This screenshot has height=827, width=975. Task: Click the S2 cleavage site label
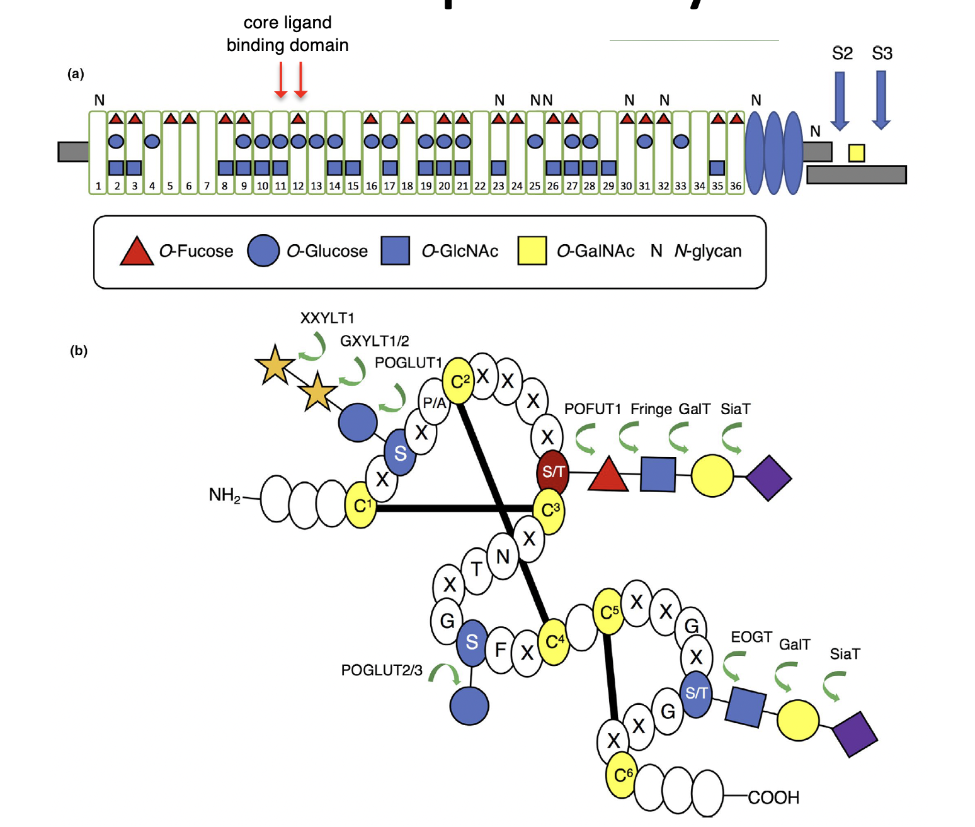tap(841, 53)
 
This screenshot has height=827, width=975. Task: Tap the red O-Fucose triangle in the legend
tap(137, 251)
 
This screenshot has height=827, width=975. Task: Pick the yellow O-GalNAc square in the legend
tap(532, 251)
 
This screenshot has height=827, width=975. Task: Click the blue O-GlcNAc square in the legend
tap(396, 251)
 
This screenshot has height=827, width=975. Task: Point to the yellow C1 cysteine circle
tap(361, 505)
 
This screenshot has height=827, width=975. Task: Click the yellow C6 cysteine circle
tap(622, 775)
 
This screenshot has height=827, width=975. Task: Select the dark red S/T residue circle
tap(552, 471)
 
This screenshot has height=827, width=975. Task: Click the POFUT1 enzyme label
tap(592, 409)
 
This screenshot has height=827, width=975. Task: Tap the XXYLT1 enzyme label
tap(327, 318)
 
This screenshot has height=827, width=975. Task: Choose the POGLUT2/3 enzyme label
tap(382, 670)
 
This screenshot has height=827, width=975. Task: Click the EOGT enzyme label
tap(751, 637)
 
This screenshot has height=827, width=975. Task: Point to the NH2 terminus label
tap(224, 495)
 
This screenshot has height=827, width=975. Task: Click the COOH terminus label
tap(773, 797)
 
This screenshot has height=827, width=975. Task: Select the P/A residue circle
tap(435, 403)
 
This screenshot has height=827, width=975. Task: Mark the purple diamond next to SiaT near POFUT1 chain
tap(768, 478)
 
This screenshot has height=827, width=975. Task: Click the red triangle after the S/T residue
tap(608, 475)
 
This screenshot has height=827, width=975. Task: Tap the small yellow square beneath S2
tap(856, 153)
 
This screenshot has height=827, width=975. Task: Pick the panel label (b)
tap(79, 351)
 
